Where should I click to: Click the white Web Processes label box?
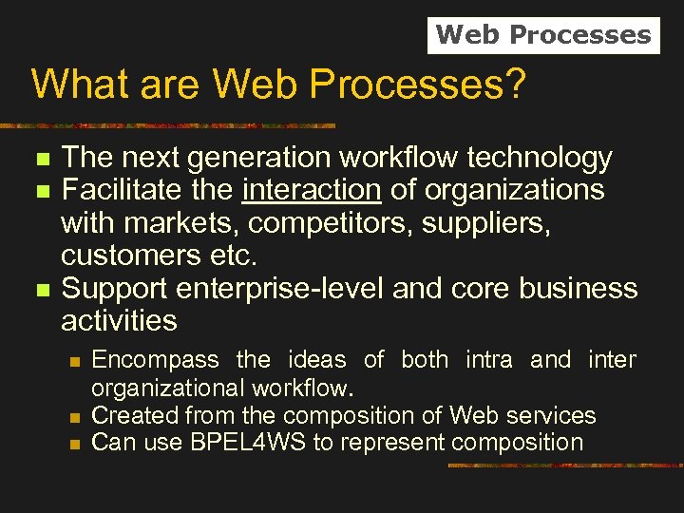point(543,35)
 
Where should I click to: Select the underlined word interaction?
point(312,190)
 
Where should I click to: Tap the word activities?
point(119,320)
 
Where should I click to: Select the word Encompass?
point(155,360)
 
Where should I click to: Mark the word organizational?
point(168,388)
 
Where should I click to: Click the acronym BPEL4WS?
point(230,443)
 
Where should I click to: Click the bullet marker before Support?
point(40,289)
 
